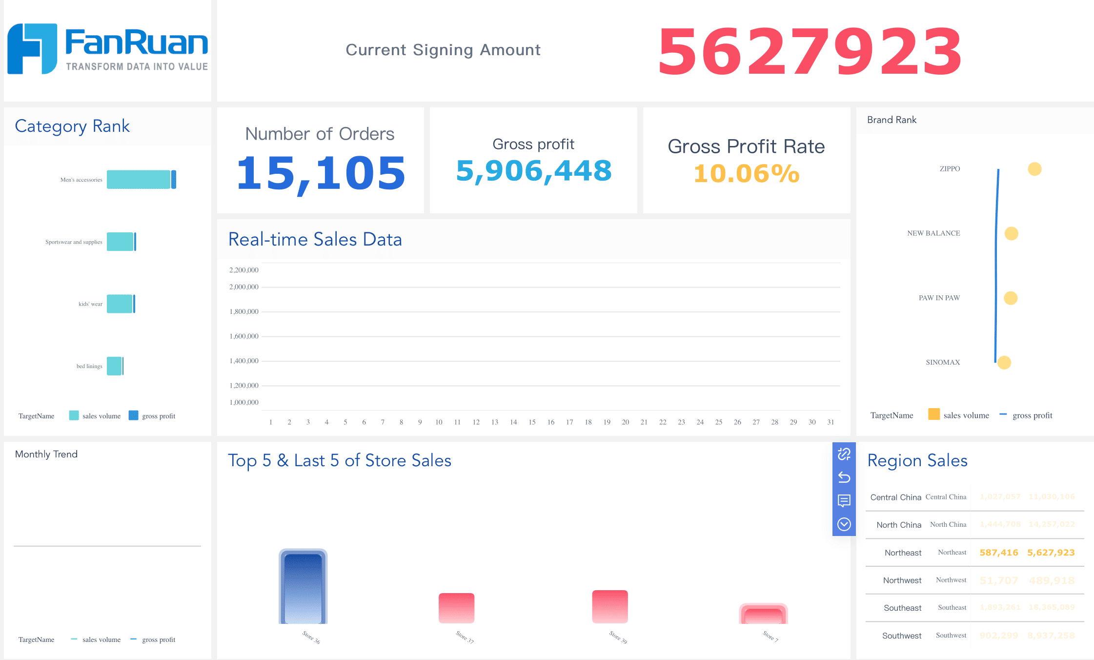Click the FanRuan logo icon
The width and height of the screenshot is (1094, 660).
tap(32, 49)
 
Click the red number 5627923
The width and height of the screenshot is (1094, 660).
tap(810, 52)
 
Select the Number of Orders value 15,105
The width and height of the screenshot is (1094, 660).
tap(321, 173)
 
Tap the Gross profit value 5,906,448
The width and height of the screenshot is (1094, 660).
tap(533, 171)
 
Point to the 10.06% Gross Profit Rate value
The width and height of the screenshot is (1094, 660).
tap(746, 174)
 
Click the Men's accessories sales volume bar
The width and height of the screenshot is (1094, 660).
tap(139, 180)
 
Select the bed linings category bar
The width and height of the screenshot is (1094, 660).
tap(115, 366)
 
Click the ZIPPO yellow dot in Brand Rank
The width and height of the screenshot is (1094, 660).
tap(1034, 169)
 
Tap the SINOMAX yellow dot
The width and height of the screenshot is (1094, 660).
tap(1004, 363)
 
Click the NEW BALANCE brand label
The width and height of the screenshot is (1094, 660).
tap(933, 233)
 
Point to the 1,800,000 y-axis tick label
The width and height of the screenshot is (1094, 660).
tap(244, 311)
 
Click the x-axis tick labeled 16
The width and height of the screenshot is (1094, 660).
tap(550, 422)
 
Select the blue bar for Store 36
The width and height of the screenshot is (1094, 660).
tap(303, 588)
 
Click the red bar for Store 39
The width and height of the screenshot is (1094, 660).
tap(610, 607)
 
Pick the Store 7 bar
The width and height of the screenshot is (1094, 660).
tap(764, 615)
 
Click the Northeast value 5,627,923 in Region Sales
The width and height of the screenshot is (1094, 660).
tap(1051, 553)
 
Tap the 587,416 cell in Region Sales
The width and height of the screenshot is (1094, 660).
tap(999, 553)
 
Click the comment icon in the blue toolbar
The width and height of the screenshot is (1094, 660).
tap(844, 500)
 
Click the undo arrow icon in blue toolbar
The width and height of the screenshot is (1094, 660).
tap(844, 477)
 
